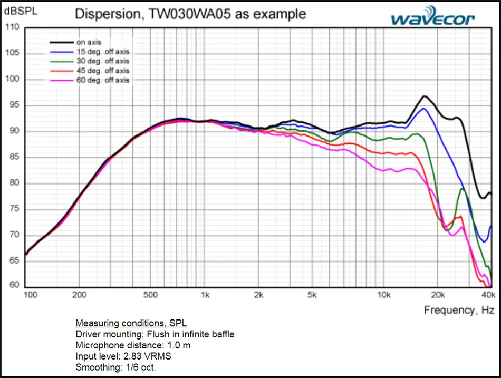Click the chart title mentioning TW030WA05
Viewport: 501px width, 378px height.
click(x=190, y=14)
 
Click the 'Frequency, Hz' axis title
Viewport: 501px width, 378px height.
click(x=459, y=310)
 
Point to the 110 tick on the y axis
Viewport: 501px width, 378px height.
click(x=12, y=27)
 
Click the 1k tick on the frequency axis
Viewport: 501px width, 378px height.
click(x=206, y=295)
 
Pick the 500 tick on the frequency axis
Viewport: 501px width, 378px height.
click(x=150, y=295)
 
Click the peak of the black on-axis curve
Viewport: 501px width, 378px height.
click(x=425, y=96)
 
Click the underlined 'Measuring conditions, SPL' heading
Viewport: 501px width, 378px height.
click(x=131, y=323)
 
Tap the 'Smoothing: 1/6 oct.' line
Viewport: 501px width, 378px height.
click(x=115, y=367)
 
